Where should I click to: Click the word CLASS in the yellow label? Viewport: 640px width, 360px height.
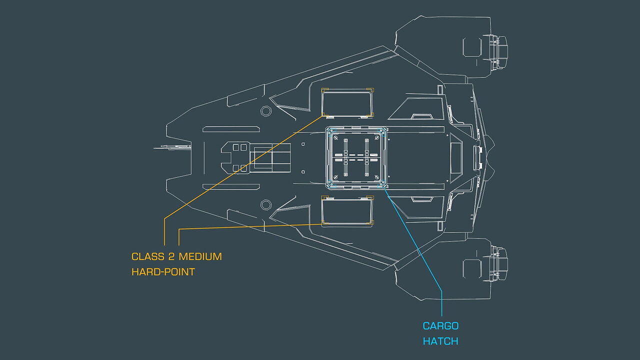(148, 256)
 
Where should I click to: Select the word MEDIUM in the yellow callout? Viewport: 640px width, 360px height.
(200, 256)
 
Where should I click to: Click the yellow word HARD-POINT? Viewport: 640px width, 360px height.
(163, 272)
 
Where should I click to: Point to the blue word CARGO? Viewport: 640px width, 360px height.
(440, 326)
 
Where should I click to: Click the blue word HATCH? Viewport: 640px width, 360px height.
(440, 341)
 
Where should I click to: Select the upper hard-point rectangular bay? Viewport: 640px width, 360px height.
(347, 102)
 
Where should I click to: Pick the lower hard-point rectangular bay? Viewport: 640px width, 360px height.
(347, 212)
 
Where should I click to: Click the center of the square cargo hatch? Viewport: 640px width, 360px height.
(355, 157)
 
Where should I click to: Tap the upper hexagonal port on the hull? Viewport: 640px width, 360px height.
(266, 110)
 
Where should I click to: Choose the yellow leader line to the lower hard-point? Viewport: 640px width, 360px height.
(250, 226)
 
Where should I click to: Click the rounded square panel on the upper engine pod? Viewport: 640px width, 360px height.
(472, 46)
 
